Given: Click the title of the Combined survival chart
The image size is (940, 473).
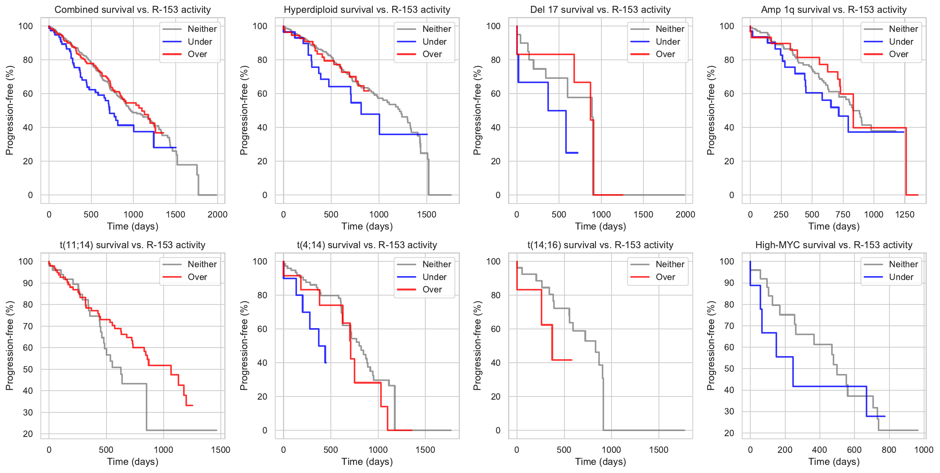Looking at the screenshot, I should pyautogui.click(x=133, y=10).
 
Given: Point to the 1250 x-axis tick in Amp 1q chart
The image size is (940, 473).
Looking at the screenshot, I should pyautogui.click(x=905, y=214).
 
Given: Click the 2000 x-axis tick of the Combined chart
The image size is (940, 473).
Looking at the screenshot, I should pyautogui.click(x=217, y=214).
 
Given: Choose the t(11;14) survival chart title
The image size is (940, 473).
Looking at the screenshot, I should pyautogui.click(x=133, y=245).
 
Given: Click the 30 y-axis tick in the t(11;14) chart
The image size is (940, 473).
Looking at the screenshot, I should pyautogui.click(x=28, y=412).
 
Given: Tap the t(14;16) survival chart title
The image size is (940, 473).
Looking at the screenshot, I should pyautogui.click(x=600, y=245).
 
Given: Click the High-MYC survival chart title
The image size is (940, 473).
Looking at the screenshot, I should pyautogui.click(x=834, y=245).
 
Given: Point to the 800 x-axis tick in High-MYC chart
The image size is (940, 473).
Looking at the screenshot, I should pyautogui.click(x=889, y=450).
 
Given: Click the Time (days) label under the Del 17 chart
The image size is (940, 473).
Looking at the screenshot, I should pyautogui.click(x=601, y=226).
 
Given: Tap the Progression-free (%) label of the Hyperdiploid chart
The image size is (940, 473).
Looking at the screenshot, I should pyautogui.click(x=244, y=110).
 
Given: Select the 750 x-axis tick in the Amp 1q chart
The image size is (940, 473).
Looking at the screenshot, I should pyautogui.click(x=843, y=214).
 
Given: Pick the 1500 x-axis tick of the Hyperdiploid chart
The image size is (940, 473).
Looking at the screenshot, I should pyautogui.click(x=426, y=214).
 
